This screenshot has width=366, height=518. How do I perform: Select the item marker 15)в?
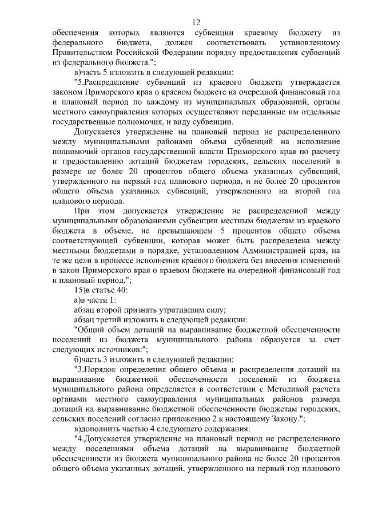pyautogui.click(x=82, y=290)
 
